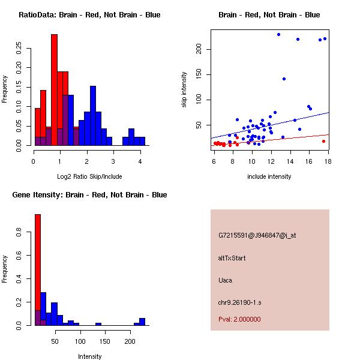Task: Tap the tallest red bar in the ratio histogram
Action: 55,90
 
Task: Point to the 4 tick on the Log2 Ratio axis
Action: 140,161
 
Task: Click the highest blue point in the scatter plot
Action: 278,34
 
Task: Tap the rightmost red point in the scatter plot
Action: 323,142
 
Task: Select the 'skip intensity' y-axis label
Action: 184,90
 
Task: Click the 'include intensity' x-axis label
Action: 269,176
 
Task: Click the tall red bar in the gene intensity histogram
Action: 38,270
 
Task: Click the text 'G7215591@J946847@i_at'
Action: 257,235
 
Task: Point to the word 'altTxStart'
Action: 232,258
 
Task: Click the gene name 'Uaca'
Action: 226,280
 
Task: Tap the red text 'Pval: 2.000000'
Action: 239,319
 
